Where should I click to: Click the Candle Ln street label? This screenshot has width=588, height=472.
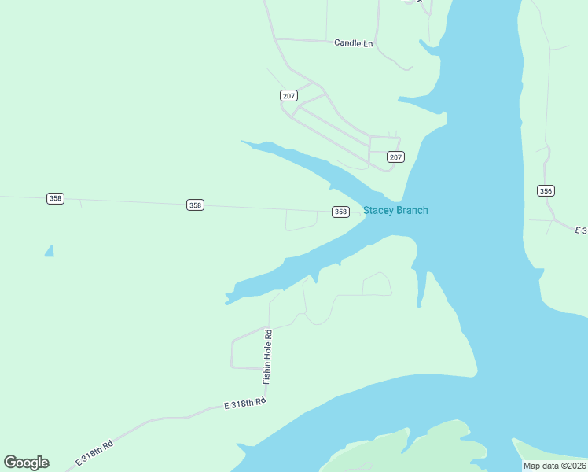pos(353,43)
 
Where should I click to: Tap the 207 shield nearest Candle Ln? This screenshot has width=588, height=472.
pos(288,95)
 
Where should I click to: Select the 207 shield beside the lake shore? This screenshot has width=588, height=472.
pos(395,157)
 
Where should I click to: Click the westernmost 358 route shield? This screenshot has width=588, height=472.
pos(55,198)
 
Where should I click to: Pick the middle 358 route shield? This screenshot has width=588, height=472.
pos(195,205)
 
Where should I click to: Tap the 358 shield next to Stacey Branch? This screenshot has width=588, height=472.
pos(340,212)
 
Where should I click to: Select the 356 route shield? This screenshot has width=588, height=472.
pos(546,190)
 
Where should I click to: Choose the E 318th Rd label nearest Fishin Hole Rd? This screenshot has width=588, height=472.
pos(244,404)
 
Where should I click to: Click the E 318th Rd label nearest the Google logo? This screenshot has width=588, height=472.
pos(94,453)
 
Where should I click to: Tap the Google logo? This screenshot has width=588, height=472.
pos(26,463)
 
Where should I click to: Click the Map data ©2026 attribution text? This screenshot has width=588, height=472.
pos(554,466)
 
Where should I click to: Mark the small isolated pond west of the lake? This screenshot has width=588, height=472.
pos(50,251)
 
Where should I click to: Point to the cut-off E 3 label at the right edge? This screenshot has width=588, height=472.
pos(581,230)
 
